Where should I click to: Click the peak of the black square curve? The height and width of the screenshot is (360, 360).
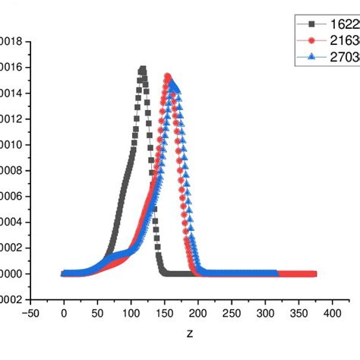pos(142,70)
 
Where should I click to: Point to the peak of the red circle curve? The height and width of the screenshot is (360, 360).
pos(168,76)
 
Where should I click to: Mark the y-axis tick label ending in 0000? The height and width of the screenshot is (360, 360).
pos(12,274)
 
